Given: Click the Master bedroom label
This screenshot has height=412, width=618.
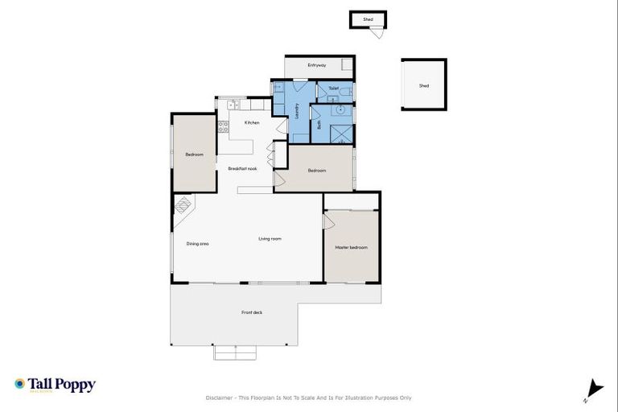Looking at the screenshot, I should click(x=351, y=247).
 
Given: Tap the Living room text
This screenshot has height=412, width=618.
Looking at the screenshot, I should click(x=270, y=239).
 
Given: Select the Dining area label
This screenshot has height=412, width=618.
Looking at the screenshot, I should click(x=198, y=243).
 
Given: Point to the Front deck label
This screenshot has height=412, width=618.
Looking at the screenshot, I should click(x=252, y=312).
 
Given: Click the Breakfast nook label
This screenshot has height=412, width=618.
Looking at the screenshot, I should click(x=242, y=168).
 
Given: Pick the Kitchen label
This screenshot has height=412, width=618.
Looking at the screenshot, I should click(x=252, y=122).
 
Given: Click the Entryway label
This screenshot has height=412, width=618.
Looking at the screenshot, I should click(x=317, y=65).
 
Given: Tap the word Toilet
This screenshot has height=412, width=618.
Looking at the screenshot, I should click(x=333, y=88).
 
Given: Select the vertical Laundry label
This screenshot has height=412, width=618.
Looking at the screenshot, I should click(x=298, y=110).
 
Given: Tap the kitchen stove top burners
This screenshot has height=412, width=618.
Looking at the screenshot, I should click(x=222, y=126).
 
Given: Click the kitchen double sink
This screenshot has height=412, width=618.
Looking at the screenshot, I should click(x=232, y=104).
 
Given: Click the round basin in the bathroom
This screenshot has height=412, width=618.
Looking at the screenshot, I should click(x=340, y=110).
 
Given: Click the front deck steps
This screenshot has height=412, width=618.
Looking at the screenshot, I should click(x=235, y=352).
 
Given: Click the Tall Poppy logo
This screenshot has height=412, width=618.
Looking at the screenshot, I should click(x=55, y=385).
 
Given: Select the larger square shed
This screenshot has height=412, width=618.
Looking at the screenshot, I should click(x=423, y=85).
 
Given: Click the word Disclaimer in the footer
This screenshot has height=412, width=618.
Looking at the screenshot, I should click(x=223, y=398).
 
